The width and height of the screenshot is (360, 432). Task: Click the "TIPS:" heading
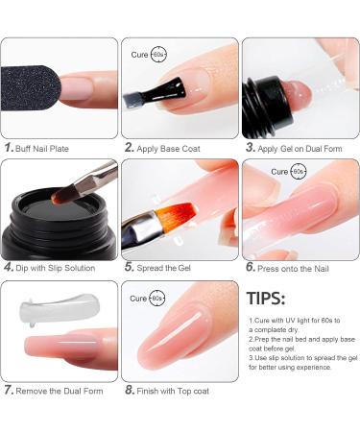click(266, 299)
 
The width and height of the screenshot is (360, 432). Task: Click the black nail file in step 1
click(38, 91)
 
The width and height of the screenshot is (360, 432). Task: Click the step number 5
click(129, 269)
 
